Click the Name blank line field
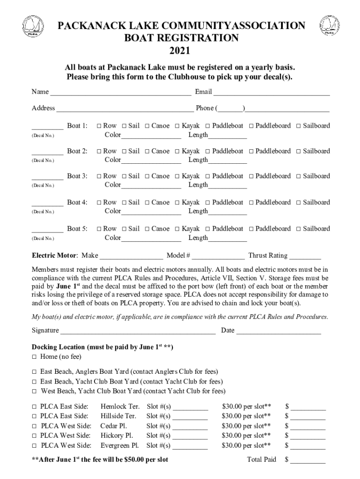click(x=121, y=93)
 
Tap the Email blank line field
click(x=272, y=93)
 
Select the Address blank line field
click(x=125, y=109)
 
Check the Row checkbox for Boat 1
click(x=99, y=126)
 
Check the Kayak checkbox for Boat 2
click(x=178, y=152)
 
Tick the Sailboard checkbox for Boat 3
click(x=299, y=177)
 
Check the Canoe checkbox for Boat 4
click(x=147, y=203)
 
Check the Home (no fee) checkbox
click(x=34, y=357)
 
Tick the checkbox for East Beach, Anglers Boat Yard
click(x=34, y=372)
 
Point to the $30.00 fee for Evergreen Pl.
click(x=246, y=445)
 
